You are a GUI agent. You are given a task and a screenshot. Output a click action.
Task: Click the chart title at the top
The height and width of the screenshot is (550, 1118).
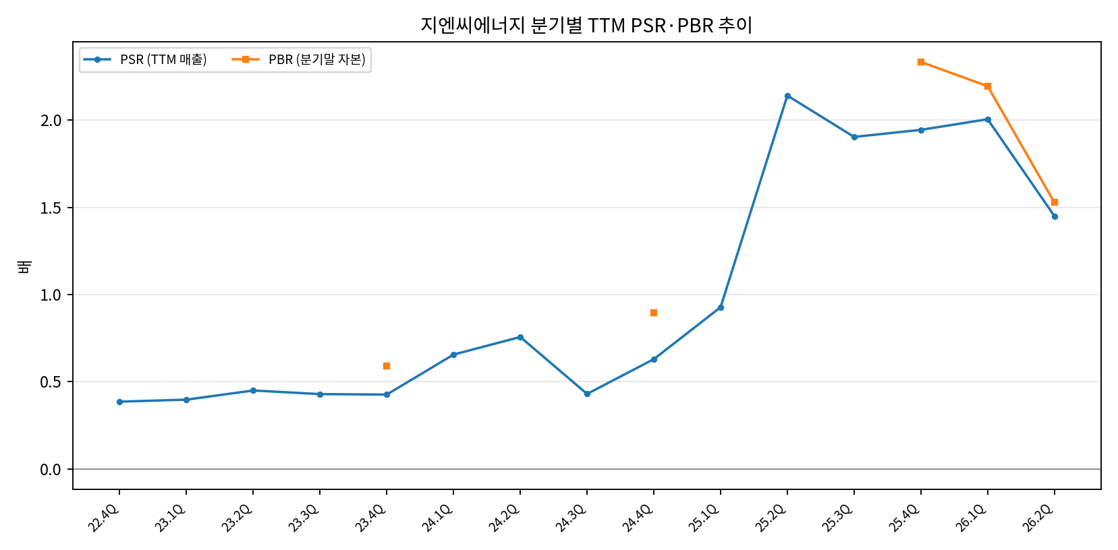click(586, 25)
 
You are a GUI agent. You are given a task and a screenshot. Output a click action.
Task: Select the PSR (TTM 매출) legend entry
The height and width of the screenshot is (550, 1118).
click(145, 60)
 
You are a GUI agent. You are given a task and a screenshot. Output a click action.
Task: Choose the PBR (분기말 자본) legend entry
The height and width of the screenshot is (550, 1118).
click(298, 60)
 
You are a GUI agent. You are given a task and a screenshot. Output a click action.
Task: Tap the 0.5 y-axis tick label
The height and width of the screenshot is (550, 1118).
click(51, 382)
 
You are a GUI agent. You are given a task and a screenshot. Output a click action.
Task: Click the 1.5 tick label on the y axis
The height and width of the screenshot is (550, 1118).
click(51, 208)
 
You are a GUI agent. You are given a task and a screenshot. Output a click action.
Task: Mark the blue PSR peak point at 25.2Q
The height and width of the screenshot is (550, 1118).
click(787, 96)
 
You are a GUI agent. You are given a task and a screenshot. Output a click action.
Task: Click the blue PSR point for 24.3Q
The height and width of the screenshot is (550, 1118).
click(587, 394)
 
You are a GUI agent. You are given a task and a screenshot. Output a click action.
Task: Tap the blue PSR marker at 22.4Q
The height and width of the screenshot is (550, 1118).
click(120, 402)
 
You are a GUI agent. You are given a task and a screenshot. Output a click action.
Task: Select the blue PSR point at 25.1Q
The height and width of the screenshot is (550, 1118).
click(721, 307)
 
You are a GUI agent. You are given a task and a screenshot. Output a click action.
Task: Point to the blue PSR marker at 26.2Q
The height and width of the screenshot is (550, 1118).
click(1055, 216)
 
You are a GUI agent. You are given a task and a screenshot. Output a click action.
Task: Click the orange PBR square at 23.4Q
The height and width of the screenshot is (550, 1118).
click(387, 366)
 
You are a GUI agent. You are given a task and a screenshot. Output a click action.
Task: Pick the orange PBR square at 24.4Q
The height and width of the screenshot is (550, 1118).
click(654, 313)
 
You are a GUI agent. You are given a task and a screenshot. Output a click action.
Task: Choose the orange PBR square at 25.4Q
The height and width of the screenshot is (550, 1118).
click(921, 62)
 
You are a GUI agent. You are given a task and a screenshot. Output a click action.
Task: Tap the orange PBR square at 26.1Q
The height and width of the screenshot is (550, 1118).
click(988, 86)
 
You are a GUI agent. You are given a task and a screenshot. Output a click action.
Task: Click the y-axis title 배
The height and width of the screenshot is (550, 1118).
click(24, 266)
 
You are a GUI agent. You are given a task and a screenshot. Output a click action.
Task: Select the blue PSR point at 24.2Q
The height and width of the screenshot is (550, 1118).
click(520, 338)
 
